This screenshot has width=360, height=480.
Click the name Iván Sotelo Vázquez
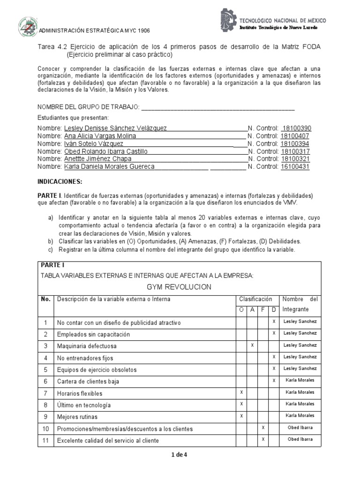[93, 143]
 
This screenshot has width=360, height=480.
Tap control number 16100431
[295, 166]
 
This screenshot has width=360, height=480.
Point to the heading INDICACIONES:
[60, 181]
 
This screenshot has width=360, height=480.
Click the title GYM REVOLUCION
[180, 287]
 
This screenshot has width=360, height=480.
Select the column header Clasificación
[255, 299]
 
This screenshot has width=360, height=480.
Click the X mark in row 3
[252, 345]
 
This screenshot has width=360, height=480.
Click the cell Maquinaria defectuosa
[87, 346]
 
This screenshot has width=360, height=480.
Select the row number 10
[45, 429]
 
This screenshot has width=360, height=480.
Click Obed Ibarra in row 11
[300, 439]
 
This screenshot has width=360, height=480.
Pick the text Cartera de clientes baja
[88, 382]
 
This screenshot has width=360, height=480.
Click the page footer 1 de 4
[180, 454]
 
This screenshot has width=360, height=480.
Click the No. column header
[45, 299]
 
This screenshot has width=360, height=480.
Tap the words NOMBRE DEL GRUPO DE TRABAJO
[88, 107]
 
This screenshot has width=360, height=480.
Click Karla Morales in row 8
[300, 404]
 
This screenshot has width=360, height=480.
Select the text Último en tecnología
[84, 405]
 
